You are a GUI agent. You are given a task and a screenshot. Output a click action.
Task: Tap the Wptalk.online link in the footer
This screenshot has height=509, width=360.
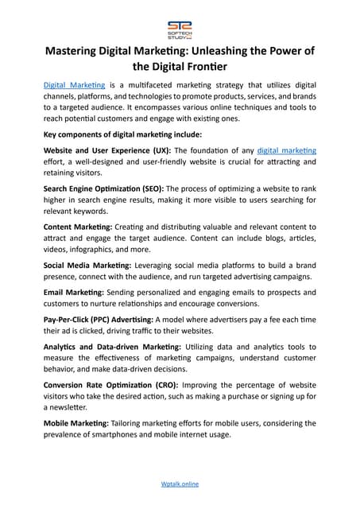click(x=180, y=483)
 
